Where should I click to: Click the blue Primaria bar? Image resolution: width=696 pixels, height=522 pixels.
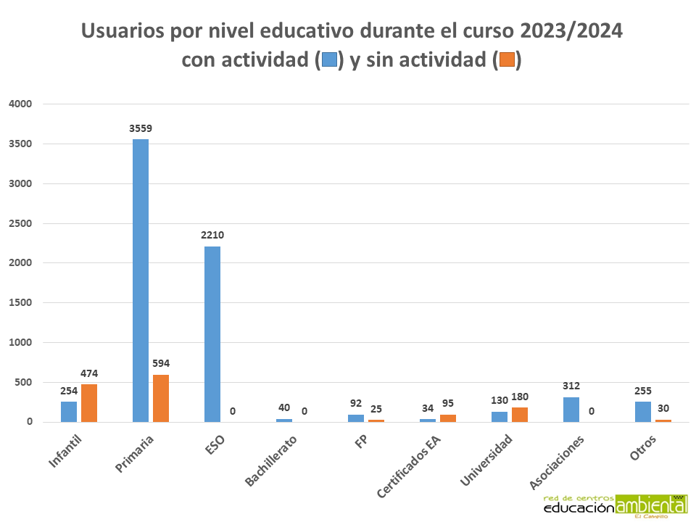click(141, 280)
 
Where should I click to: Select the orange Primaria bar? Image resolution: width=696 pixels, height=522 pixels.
click(160, 398)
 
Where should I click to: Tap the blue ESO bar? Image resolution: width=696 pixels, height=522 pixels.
click(212, 333)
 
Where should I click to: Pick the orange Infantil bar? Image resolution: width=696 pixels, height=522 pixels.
click(88, 402)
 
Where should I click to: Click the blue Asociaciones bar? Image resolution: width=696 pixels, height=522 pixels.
click(571, 409)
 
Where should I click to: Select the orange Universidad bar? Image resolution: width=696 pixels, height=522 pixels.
click(520, 414)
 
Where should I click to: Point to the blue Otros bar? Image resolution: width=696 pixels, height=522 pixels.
click(643, 411)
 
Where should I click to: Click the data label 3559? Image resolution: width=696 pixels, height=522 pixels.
click(141, 128)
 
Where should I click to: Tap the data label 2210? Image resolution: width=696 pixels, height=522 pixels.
click(212, 235)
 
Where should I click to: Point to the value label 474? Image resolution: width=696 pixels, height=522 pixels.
click(89, 373)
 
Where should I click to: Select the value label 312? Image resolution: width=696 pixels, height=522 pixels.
click(571, 386)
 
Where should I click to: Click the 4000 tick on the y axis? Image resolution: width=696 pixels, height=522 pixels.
click(21, 104)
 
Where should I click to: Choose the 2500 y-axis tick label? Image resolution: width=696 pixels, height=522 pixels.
click(21, 223)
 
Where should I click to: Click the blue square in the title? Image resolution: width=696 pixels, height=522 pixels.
click(331, 60)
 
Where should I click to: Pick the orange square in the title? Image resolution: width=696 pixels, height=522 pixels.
click(506, 60)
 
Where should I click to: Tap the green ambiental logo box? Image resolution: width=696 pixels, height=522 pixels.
click(651, 504)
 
